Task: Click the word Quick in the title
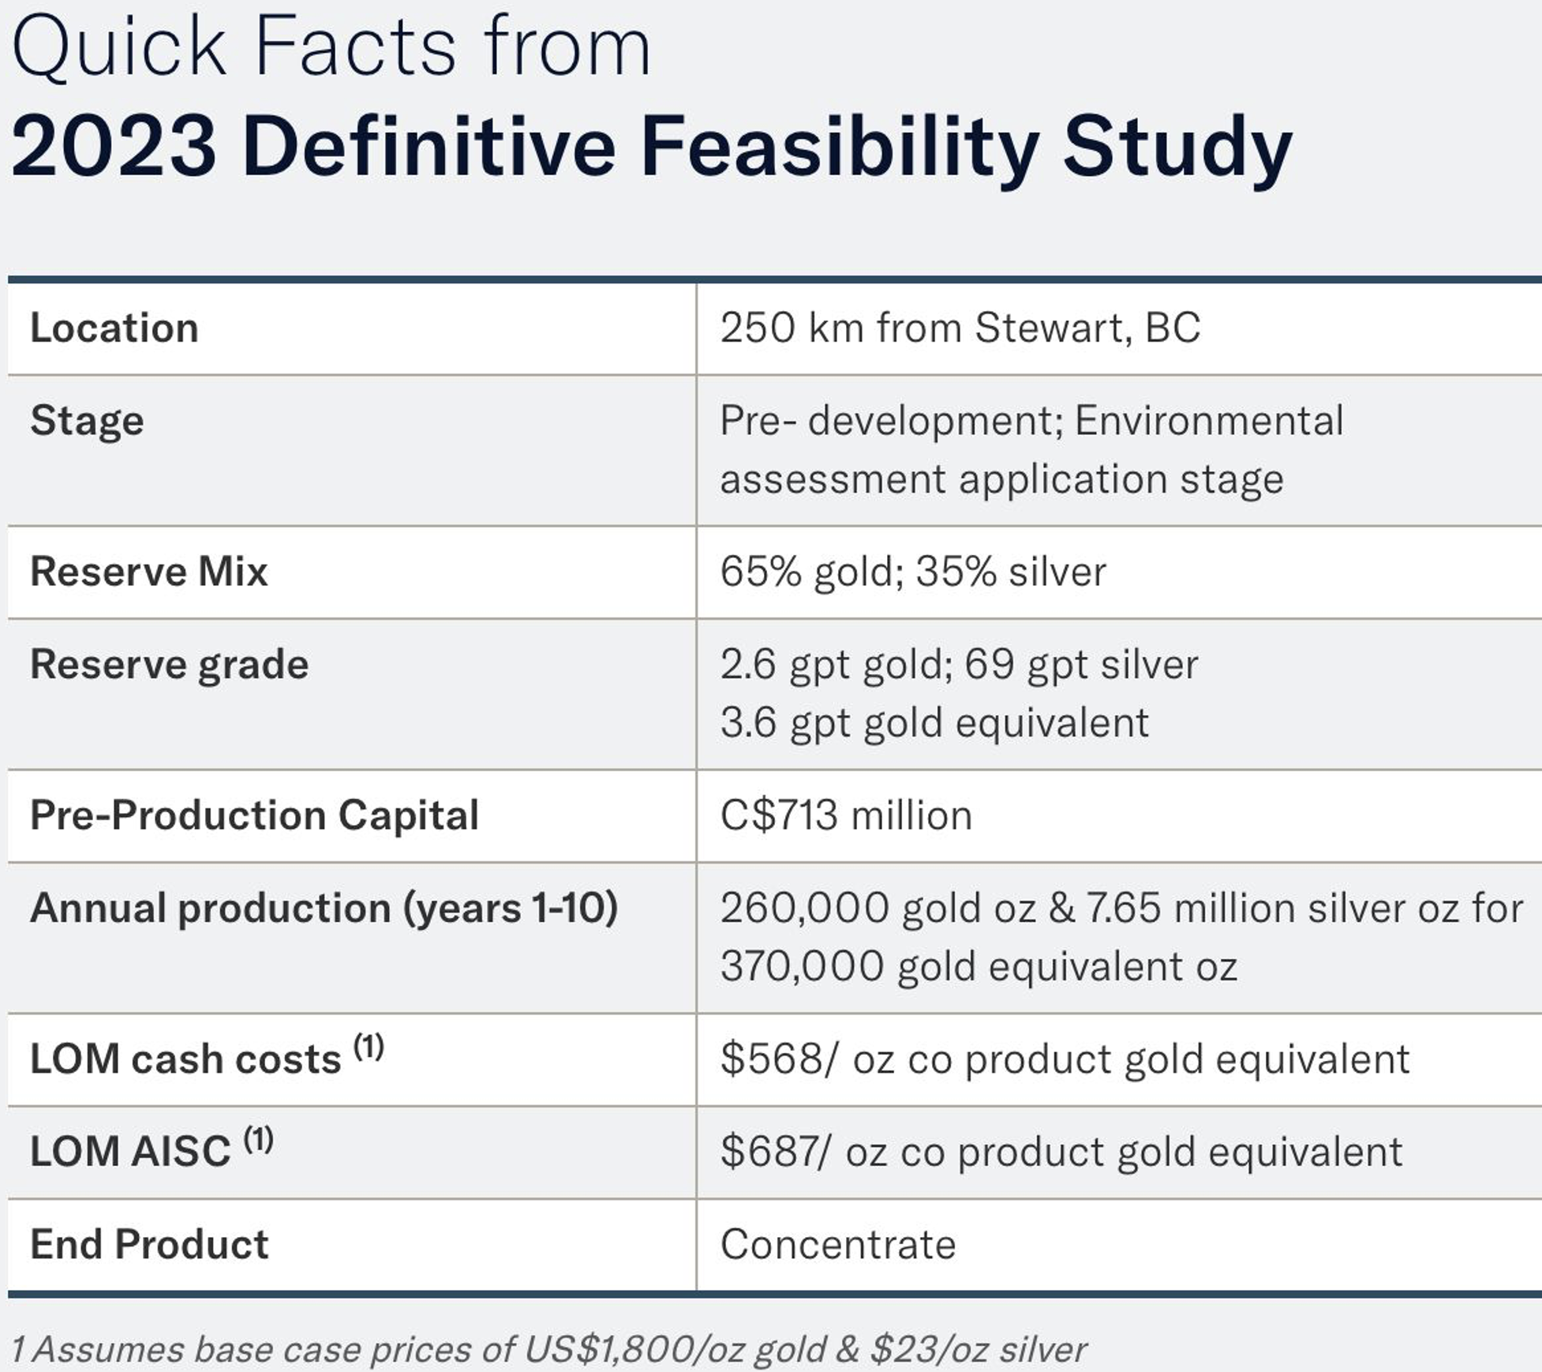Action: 118,49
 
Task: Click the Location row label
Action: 114,328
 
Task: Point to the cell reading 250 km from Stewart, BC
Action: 960,328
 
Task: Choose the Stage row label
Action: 87,421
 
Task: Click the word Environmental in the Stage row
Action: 1208,421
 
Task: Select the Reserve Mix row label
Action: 148,572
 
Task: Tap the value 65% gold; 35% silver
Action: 912,572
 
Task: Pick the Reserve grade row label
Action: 169,665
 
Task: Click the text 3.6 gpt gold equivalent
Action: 934,723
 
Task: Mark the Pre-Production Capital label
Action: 254,816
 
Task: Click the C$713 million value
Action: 845,816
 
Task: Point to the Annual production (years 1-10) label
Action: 324,909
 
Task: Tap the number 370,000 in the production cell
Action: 801,967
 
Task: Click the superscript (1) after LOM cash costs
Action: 368,1048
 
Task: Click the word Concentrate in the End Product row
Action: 837,1246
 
